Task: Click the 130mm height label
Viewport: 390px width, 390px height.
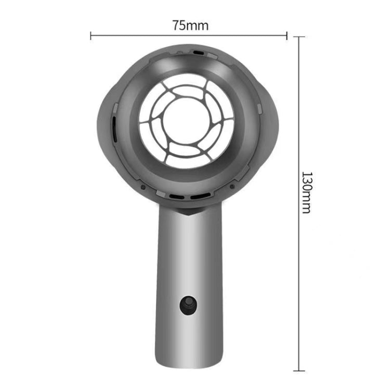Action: coord(306,192)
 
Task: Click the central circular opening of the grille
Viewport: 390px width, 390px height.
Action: coord(186,121)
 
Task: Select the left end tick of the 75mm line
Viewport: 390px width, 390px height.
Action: coord(91,35)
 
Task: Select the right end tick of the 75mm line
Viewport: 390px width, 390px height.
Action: coord(286,35)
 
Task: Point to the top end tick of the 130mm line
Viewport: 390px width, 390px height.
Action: coord(298,37)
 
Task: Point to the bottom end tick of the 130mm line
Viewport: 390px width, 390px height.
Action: coord(298,370)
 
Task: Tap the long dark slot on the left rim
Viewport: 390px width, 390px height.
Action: coord(114,127)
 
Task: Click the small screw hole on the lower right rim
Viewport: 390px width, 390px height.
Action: coord(232,186)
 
